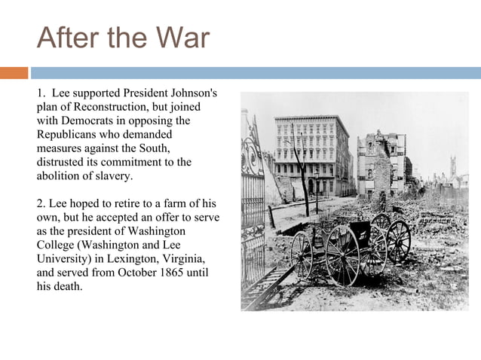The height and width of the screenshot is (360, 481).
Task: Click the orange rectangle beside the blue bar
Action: pyautogui.click(x=14, y=73)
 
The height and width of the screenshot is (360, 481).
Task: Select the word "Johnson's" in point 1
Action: pyautogui.click(x=192, y=93)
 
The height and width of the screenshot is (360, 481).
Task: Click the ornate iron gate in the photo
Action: pyautogui.click(x=252, y=188)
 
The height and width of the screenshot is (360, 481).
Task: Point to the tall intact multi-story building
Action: pyautogui.click(x=311, y=154)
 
